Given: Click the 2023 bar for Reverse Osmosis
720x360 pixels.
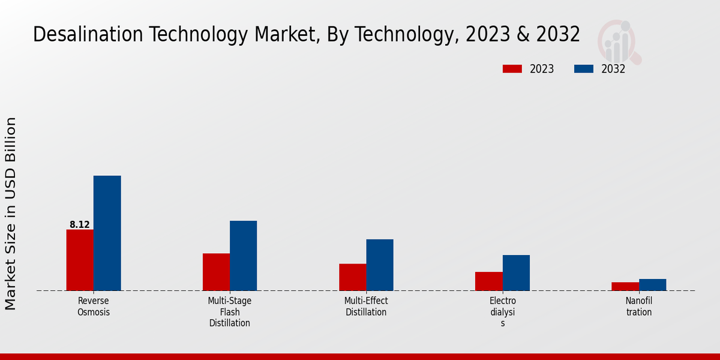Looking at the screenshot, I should click(x=80, y=260).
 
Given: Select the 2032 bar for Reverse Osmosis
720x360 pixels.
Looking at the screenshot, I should click(x=107, y=233).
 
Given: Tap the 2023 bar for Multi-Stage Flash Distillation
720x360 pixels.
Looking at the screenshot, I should click(x=216, y=272).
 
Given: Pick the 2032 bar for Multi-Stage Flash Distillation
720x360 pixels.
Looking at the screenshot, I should click(x=243, y=256).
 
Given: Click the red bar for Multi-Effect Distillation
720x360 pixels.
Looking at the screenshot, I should click(x=352, y=277).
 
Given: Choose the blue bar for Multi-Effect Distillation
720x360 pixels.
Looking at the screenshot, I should click(x=380, y=265).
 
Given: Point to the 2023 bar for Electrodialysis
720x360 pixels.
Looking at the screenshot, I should click(x=488, y=281).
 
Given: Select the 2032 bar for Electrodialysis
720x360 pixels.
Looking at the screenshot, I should click(x=516, y=272).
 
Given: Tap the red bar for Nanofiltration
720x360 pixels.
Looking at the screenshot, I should click(x=625, y=286).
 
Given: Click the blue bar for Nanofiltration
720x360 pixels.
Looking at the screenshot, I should click(x=652, y=284).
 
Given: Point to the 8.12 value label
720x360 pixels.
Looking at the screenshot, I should click(x=80, y=225).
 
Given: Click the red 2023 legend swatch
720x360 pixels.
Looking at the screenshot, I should click(x=512, y=69).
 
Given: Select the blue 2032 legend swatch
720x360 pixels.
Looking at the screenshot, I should click(x=583, y=69).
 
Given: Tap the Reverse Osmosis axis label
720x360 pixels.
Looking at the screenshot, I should click(x=94, y=307).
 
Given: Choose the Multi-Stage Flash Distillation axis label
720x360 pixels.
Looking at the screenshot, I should click(x=230, y=312).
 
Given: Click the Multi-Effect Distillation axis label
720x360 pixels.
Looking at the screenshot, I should click(x=366, y=307).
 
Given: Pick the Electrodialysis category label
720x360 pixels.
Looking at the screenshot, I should click(x=503, y=312).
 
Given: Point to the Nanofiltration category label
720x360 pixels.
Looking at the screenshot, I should click(x=639, y=307).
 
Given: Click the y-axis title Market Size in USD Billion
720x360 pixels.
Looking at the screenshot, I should click(x=11, y=213).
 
